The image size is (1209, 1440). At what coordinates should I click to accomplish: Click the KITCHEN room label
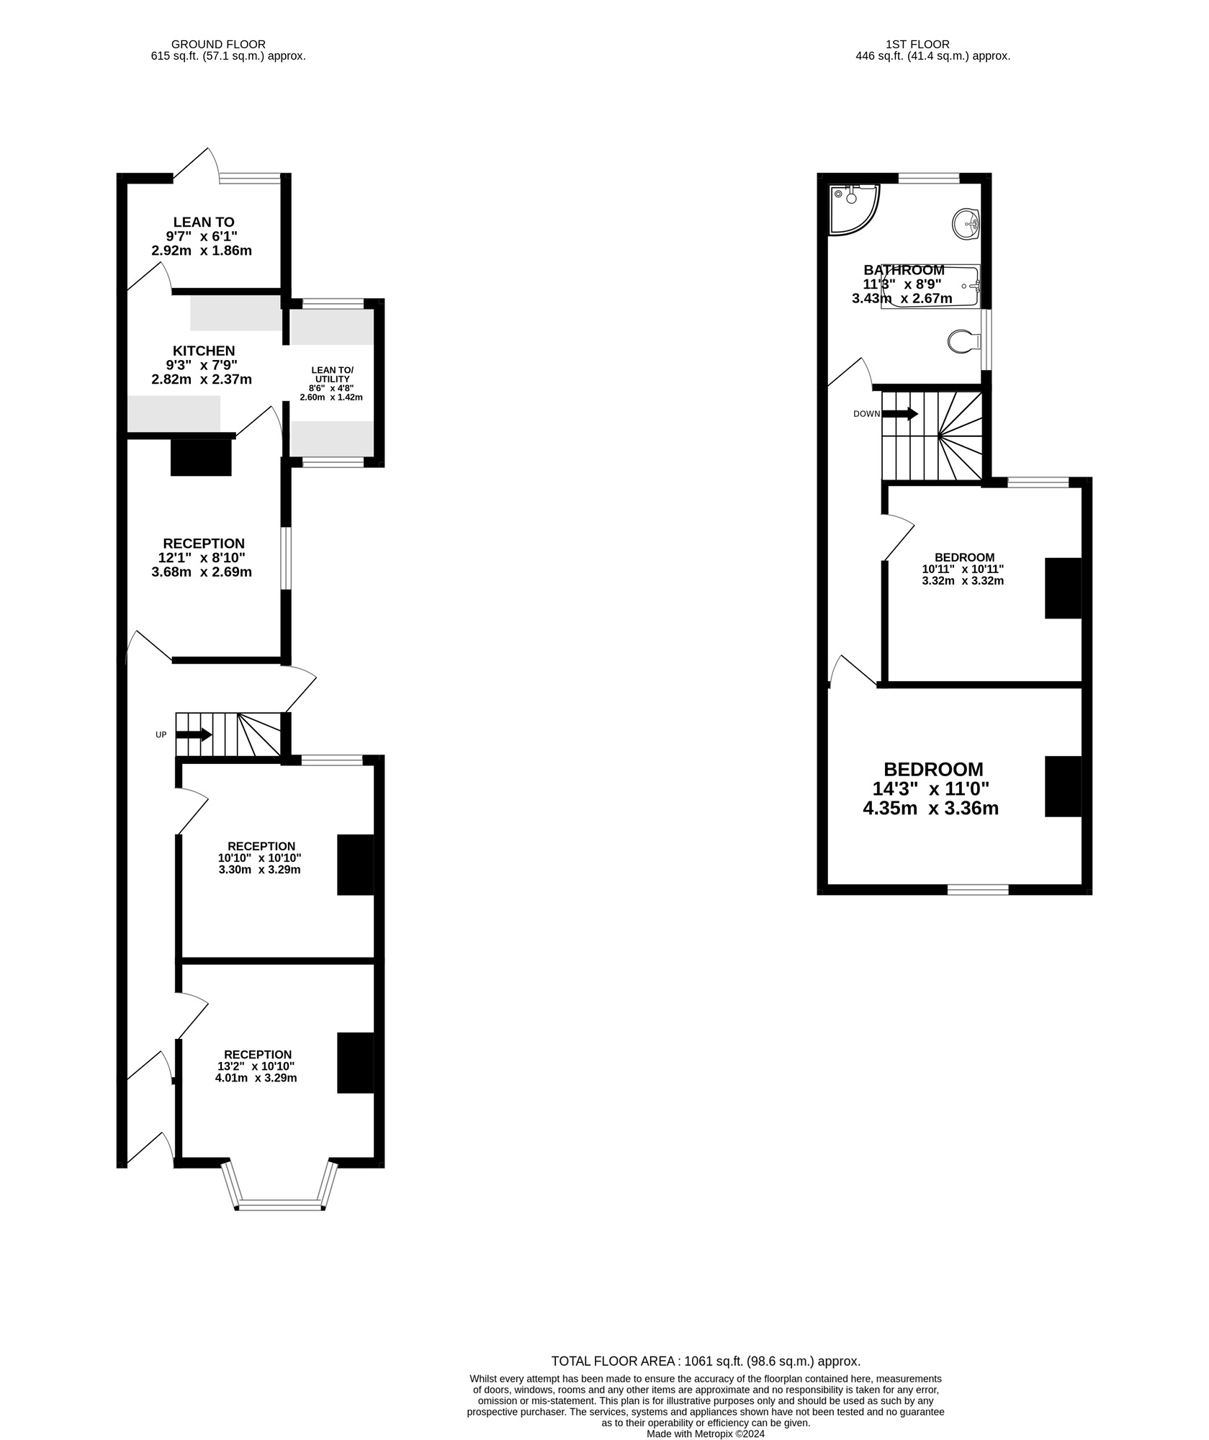tap(204, 351)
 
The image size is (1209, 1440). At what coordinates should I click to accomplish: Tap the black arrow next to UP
tap(194, 735)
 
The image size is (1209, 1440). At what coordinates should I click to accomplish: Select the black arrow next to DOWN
tap(900, 414)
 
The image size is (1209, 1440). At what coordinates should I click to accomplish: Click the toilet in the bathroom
tap(964, 341)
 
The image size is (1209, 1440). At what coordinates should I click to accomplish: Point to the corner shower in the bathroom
tap(854, 210)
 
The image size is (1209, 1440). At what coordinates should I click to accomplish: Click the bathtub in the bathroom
tap(930, 287)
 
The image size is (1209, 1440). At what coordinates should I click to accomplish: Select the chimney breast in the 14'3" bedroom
tap(1064, 786)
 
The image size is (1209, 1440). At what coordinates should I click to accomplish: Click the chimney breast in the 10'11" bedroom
tap(1064, 588)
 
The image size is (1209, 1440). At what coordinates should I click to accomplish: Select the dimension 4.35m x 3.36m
tap(930, 808)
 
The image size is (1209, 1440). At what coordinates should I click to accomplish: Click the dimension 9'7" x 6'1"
tap(201, 236)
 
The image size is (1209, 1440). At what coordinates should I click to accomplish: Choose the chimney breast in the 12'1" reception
tap(201, 457)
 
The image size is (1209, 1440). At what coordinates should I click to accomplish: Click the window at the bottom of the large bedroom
tap(978, 890)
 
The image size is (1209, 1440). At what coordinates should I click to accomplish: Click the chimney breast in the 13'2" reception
tap(356, 1063)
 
